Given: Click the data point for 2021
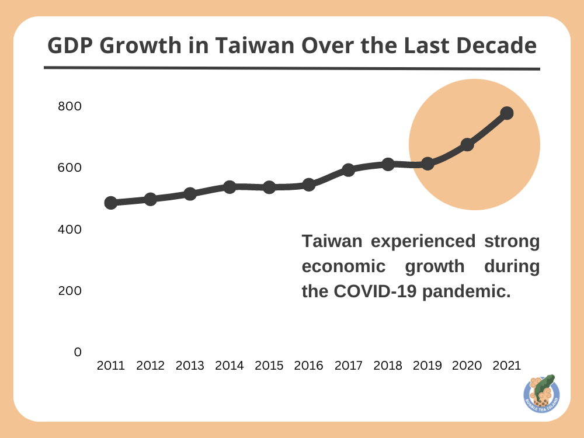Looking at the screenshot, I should pos(507,113).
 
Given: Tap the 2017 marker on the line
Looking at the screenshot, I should pos(349,170).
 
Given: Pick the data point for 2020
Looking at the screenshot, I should pos(467,144).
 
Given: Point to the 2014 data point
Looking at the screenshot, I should pos(230,187).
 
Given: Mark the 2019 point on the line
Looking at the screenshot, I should pos(427,164).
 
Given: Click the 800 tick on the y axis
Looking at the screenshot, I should pos(69,106).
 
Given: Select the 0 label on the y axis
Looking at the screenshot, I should pos(78,352).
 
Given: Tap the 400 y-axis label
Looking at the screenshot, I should pos(69,230).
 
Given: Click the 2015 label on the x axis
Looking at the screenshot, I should pos(269,366).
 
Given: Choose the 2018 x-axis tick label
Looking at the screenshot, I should pos(388,366).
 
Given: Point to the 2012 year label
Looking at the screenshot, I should pos(150,366).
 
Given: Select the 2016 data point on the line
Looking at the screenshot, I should pos(309,185).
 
